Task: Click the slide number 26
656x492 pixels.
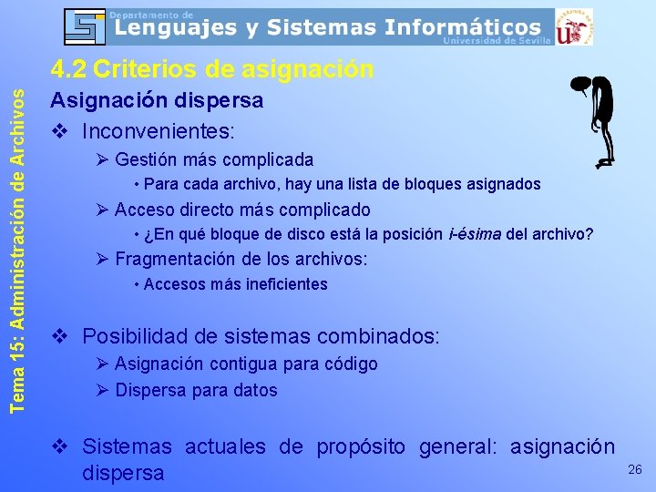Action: point(635,469)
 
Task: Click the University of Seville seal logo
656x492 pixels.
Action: point(574,27)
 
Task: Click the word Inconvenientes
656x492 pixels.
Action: point(147,131)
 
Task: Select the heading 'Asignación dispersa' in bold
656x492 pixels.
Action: point(156,99)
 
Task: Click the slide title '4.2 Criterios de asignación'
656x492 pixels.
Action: point(211,69)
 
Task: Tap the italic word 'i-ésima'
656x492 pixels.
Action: point(475,234)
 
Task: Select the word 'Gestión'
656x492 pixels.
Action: point(146,159)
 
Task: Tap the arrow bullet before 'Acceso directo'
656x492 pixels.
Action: point(101,210)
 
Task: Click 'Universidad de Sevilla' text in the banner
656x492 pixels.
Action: point(497,42)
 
